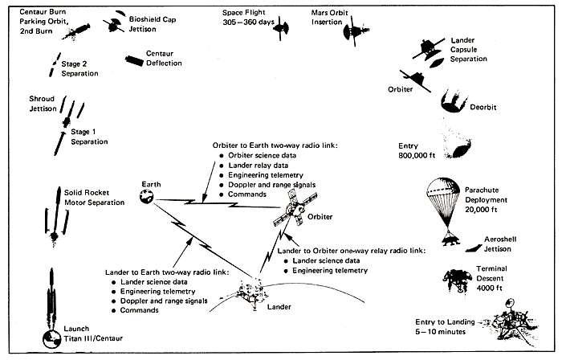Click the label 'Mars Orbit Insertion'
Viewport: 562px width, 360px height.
pos(335,18)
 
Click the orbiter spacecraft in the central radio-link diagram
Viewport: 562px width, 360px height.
pos(291,211)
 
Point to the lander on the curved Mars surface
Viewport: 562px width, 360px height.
pos(255,293)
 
